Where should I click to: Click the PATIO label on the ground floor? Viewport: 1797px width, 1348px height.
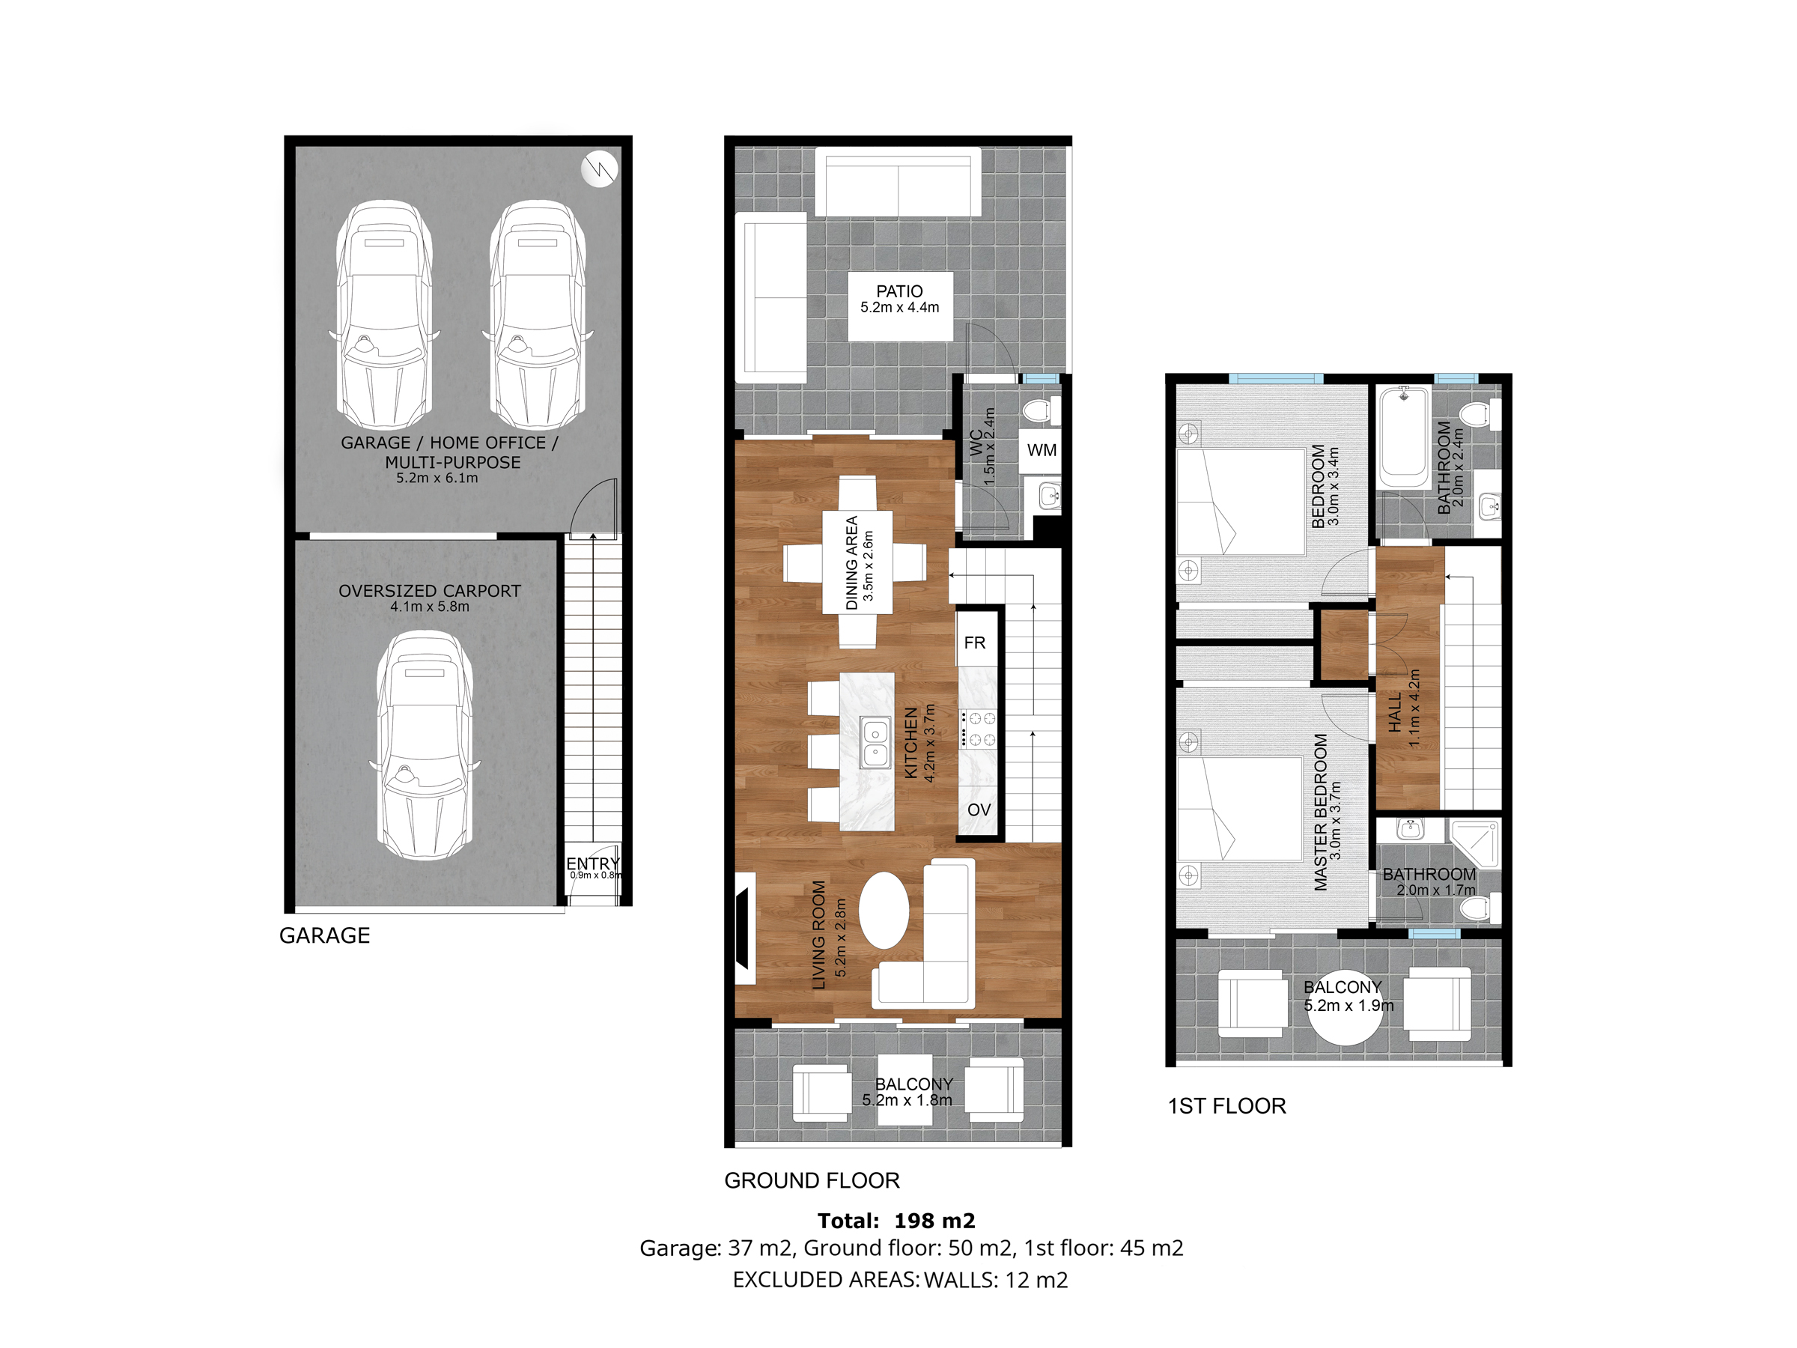[x=899, y=291]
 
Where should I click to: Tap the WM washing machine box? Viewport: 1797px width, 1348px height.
[x=1042, y=450]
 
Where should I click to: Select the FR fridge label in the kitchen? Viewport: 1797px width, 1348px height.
[x=974, y=643]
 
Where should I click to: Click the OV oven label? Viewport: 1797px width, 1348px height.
[x=979, y=810]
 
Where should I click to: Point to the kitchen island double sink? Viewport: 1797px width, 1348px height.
[x=875, y=744]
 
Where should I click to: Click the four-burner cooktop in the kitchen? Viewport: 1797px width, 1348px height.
[x=978, y=728]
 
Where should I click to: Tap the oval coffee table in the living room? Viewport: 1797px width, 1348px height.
[x=883, y=910]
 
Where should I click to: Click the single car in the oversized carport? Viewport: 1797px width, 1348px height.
[x=424, y=745]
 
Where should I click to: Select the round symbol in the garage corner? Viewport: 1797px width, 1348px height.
[x=600, y=169]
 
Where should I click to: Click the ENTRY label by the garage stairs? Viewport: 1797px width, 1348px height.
[x=593, y=863]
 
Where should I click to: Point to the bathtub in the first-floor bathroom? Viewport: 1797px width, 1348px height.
[x=1404, y=437]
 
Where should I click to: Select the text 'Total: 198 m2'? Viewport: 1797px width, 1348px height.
[x=896, y=1221]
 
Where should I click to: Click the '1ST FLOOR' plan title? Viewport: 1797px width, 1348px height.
[x=1226, y=1106]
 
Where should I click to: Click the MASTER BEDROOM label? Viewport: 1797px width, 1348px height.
[x=1320, y=812]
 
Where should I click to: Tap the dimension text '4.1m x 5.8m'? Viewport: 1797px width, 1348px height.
[x=430, y=607]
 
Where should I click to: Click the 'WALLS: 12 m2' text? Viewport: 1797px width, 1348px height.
[x=996, y=1280]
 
